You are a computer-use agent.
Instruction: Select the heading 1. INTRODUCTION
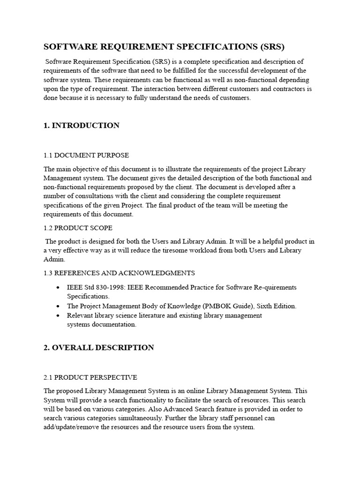point(82,126)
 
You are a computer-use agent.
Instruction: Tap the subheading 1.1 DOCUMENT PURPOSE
point(86,155)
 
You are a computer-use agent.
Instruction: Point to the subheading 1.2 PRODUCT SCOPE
point(78,228)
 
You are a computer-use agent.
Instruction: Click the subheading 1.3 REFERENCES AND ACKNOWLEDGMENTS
point(119,273)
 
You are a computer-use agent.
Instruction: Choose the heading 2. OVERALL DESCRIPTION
point(99,348)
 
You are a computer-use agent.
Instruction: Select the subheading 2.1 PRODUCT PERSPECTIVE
point(90,377)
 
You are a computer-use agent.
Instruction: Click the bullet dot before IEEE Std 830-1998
point(57,287)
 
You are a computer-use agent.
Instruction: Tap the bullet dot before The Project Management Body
point(57,306)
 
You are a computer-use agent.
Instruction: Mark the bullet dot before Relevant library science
point(57,315)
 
